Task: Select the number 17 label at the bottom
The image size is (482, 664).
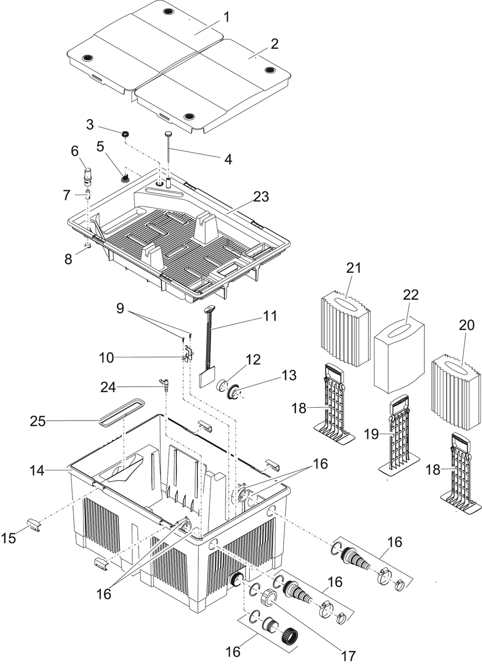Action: point(347,656)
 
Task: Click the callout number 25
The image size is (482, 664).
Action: point(37,422)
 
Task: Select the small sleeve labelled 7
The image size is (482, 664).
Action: point(88,195)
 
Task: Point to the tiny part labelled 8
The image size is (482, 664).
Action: point(88,244)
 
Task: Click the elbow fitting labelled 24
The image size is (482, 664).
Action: point(165,383)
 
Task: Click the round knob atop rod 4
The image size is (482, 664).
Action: point(167,133)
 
